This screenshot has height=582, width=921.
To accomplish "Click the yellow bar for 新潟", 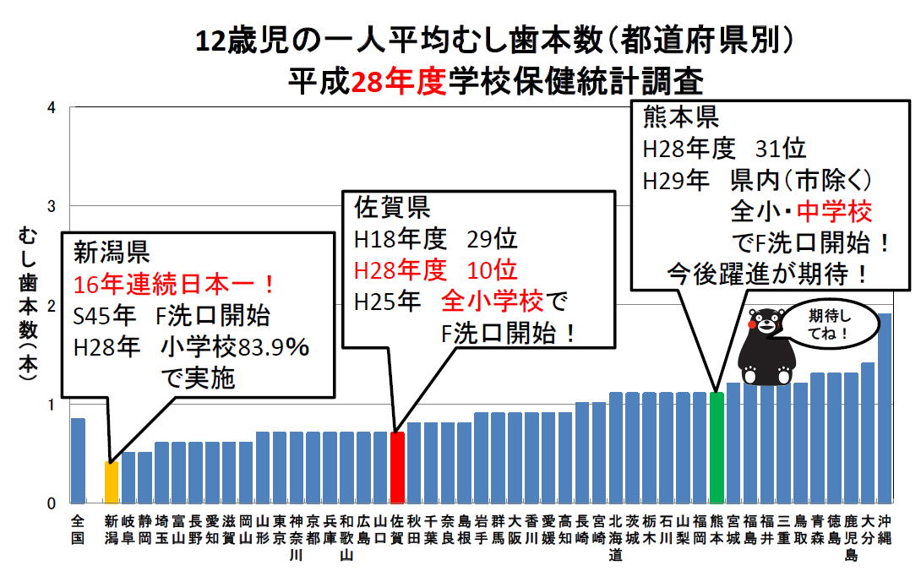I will click(111, 481).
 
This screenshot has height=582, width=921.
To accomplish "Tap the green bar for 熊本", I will click(717, 448).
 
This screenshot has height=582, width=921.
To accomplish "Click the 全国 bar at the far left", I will click(78, 460).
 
